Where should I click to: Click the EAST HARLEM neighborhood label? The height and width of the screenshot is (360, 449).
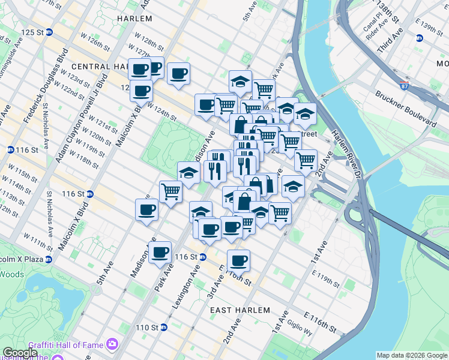pyautogui.click(x=240, y=310)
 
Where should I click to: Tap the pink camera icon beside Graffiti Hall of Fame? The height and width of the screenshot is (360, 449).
pyautogui.click(x=112, y=343)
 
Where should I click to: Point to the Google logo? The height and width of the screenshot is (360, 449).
pyautogui.click(x=20, y=353)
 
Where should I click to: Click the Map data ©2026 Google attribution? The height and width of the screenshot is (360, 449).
pyautogui.click(x=412, y=355)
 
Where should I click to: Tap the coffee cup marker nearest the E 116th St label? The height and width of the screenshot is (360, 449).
pyautogui.click(x=238, y=260)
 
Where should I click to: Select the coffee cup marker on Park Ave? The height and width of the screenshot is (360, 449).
pyautogui.click(x=160, y=252)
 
